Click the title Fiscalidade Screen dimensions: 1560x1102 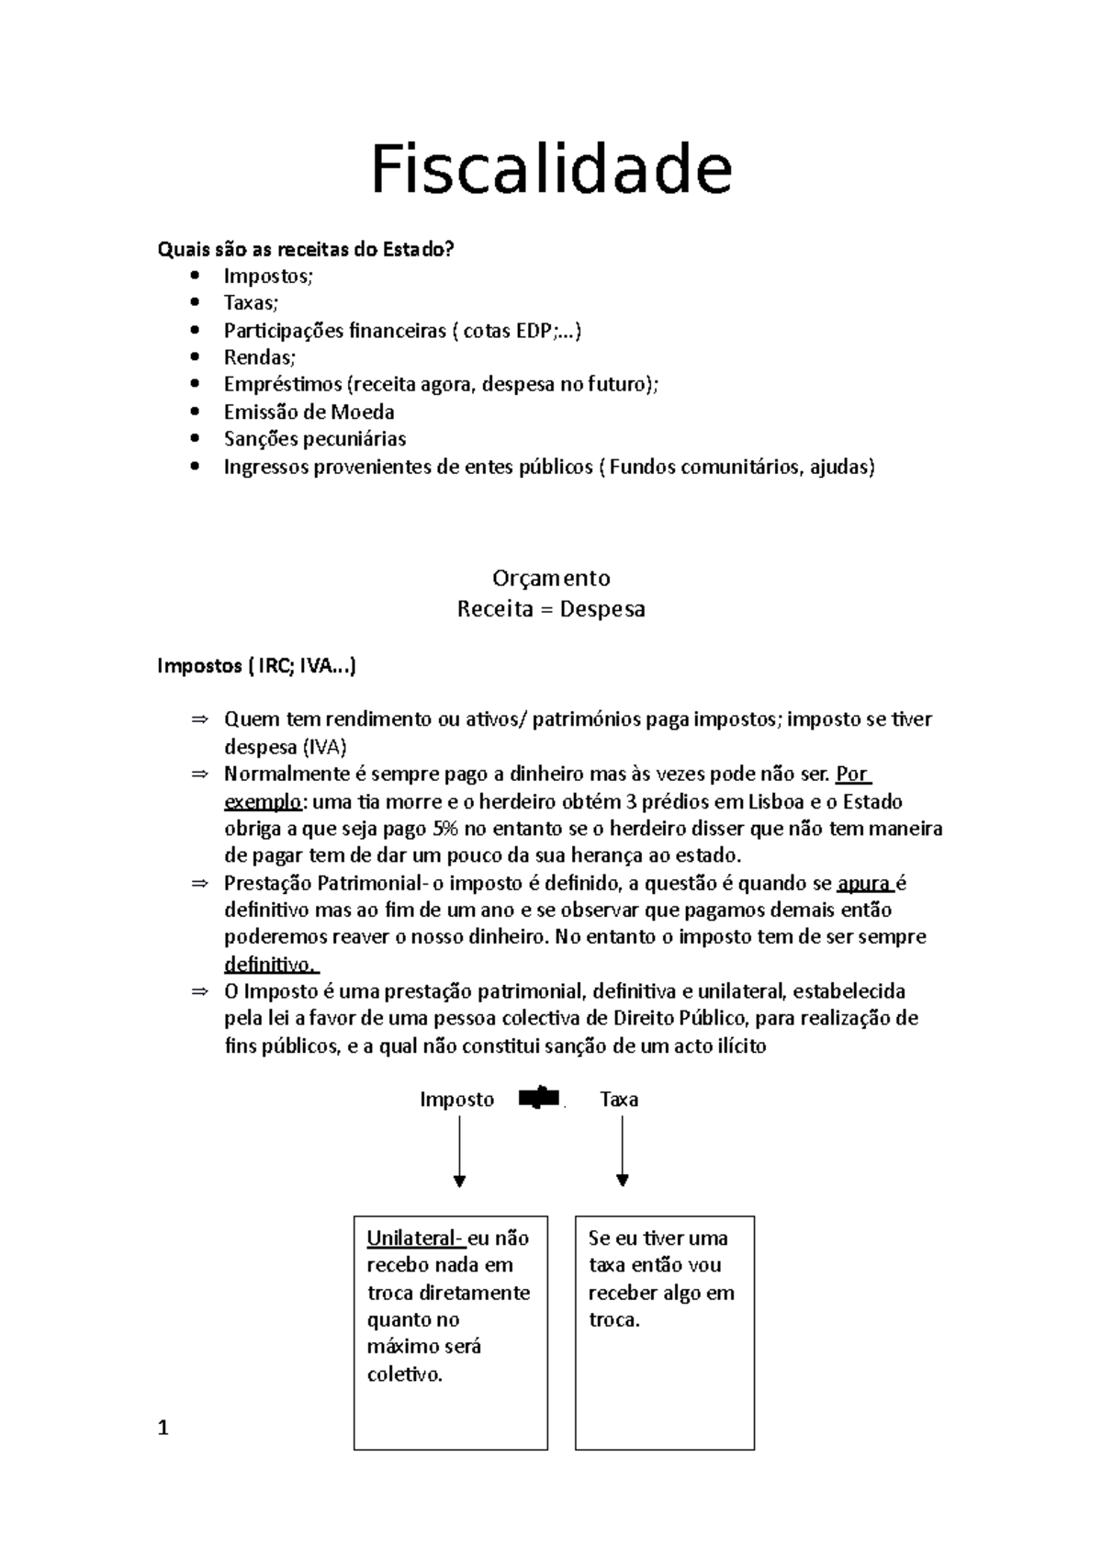coord(551,171)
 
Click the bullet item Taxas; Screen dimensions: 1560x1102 coord(250,303)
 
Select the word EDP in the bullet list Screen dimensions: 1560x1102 coord(533,331)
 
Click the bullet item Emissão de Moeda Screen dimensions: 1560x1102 coord(309,412)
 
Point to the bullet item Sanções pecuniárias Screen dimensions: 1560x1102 coord(314,439)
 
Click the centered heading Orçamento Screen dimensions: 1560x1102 coord(551,578)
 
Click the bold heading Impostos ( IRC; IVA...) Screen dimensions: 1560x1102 coord(256,665)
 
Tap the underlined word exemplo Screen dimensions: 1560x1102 coord(262,801)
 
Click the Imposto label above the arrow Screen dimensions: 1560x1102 coord(456,1100)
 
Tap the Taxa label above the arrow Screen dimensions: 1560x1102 coord(619,1100)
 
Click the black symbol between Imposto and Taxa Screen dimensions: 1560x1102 coord(540,1097)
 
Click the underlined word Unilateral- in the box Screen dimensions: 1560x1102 coord(415,1238)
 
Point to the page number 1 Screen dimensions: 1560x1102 coord(163,1428)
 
